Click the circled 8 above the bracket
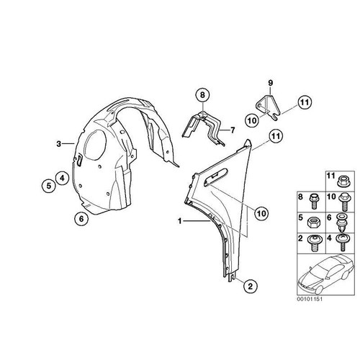coord(202,95)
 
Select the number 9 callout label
coord(271,84)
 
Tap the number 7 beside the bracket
coord(233,130)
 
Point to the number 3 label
coord(59,144)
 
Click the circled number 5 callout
coord(49,186)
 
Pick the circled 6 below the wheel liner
coord(81,219)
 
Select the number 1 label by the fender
coord(180,221)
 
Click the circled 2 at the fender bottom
coord(250,286)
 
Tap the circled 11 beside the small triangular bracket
coord(305,102)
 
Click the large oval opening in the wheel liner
coord(94,145)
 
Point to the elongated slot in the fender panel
coord(215,176)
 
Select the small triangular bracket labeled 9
coord(268,107)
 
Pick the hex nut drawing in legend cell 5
coord(313,222)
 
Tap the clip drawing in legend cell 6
coord(343,222)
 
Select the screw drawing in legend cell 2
coord(313,243)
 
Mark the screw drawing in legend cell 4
coord(343,243)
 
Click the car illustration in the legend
coord(326,274)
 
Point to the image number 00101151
coord(310,300)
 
